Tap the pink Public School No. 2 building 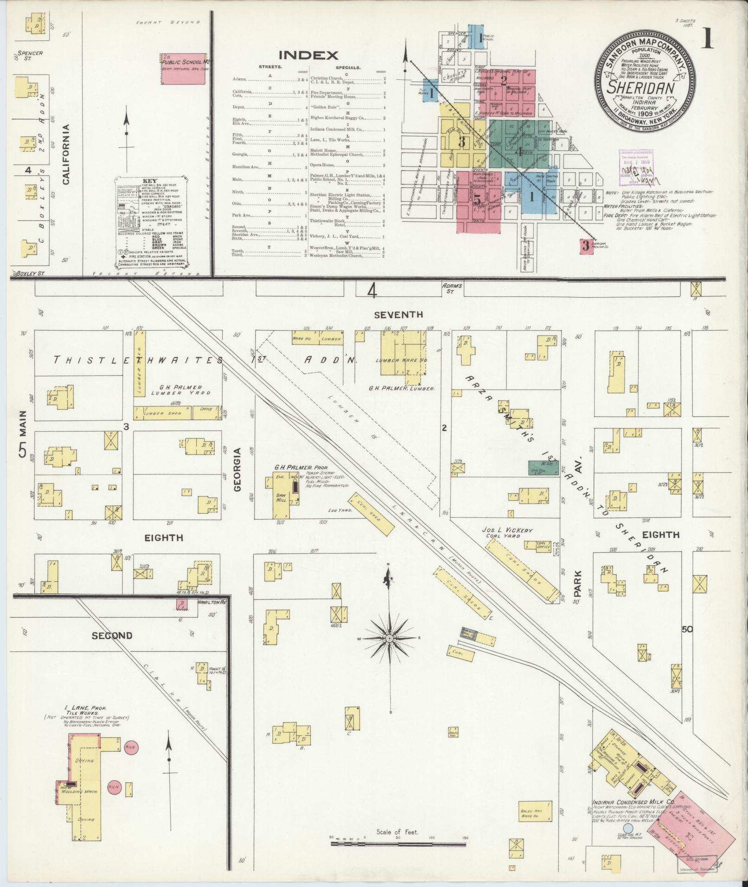click(183, 69)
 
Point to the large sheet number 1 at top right click(706, 38)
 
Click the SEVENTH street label click(398, 315)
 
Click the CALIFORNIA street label click(66, 154)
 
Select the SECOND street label click(112, 636)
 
